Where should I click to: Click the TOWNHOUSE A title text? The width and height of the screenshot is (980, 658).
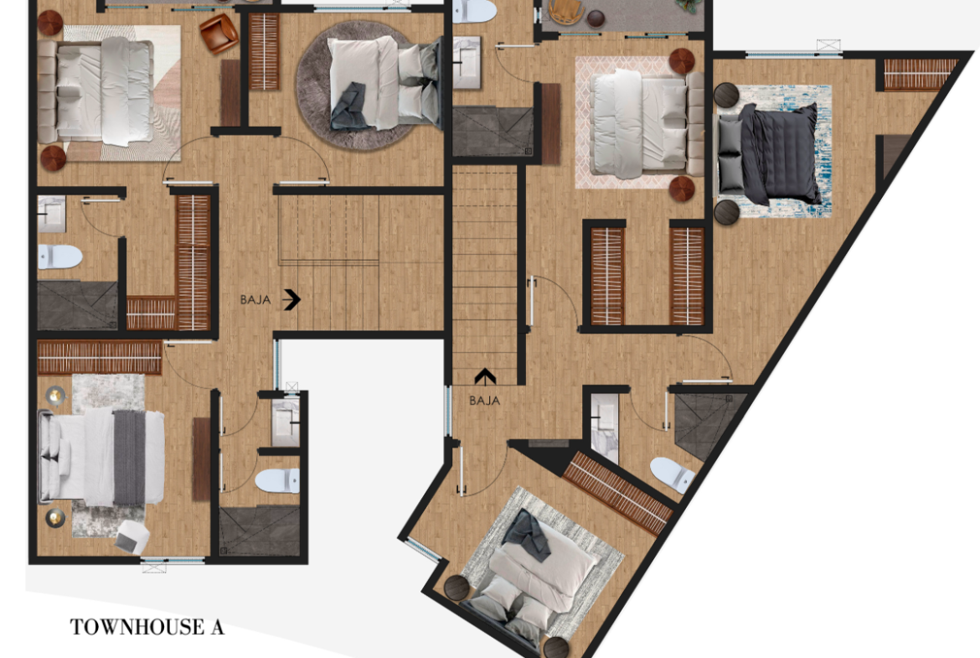pos(147,627)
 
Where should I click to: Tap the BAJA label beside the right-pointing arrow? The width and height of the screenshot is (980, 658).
pos(255,300)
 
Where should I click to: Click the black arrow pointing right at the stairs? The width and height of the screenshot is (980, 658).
pos(291,299)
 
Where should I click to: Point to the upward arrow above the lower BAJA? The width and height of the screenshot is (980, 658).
pos(485,376)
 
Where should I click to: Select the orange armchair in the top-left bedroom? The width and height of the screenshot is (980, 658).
pos(219,34)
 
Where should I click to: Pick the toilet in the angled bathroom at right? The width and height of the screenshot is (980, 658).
pos(672,475)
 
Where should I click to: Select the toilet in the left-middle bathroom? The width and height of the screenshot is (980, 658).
pos(59,256)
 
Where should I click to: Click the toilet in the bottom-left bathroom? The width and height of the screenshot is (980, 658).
pos(277,481)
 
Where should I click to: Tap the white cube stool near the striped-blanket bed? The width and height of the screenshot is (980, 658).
pos(132,536)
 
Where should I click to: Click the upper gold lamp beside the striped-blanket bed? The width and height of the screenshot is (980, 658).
pos(55,396)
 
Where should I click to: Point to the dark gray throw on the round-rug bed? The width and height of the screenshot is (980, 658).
pos(350,106)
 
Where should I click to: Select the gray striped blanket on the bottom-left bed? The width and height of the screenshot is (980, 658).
pos(129,457)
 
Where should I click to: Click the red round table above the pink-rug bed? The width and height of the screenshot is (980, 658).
pos(682,61)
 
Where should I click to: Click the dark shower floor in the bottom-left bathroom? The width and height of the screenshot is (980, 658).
pos(260,531)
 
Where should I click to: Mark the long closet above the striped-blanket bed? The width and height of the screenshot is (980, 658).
pos(100,358)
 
